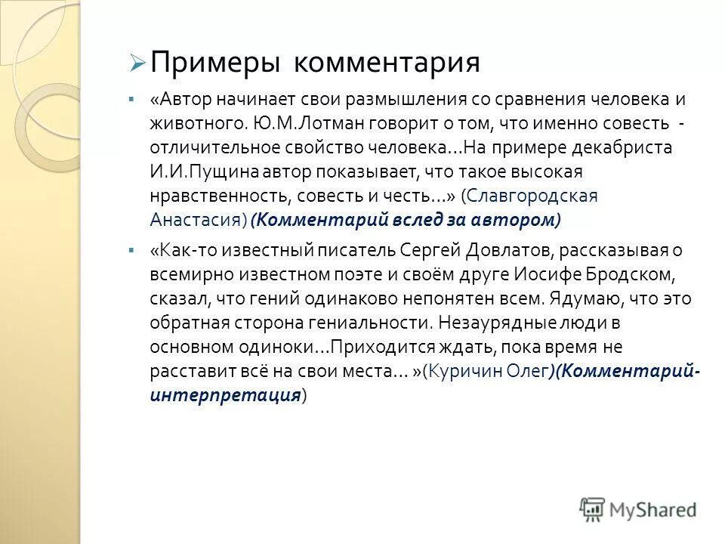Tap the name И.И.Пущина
click(195, 171)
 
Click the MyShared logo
click(638, 508)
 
